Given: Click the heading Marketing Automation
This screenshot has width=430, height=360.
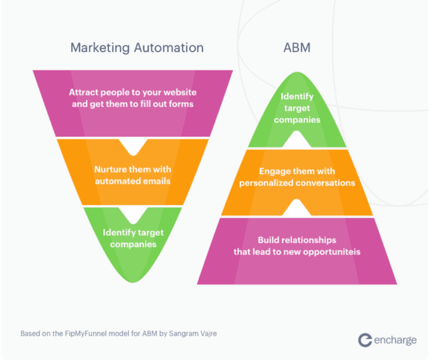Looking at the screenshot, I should coord(137,47).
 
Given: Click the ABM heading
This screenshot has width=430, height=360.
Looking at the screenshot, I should coord(297,47).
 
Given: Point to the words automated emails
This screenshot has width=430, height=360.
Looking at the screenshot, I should coord(133,181).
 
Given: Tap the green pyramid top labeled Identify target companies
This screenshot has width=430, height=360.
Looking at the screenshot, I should coord(297,108).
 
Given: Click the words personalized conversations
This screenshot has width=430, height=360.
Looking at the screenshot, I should coord(297,183).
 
